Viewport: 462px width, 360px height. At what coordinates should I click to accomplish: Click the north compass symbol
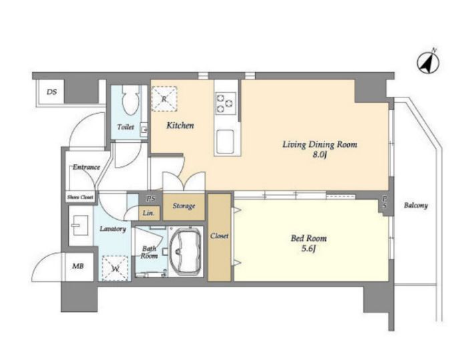[x=428, y=62]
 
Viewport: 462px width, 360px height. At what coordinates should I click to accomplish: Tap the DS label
[x=51, y=92]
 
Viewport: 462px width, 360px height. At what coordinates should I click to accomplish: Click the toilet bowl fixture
[x=130, y=100]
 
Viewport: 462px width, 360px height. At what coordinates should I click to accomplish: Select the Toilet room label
[x=126, y=127]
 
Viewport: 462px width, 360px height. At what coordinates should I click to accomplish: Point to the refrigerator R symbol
[x=164, y=99]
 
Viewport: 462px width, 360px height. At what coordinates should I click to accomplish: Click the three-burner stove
[x=226, y=103]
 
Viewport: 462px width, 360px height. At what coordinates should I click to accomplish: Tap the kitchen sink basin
[x=225, y=140]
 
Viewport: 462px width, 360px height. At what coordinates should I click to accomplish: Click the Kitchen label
[x=180, y=126]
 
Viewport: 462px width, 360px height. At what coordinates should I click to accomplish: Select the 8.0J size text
[x=320, y=154]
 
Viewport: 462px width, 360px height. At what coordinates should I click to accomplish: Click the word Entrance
[x=86, y=167]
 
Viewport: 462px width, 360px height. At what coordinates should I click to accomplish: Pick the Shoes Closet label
[x=80, y=197]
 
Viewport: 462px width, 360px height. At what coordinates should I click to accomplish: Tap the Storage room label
[x=184, y=206]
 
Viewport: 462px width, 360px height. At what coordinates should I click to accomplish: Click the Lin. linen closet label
[x=148, y=213]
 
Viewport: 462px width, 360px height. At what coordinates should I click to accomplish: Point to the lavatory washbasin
[x=79, y=226]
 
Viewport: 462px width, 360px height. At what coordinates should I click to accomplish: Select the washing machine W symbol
[x=115, y=268]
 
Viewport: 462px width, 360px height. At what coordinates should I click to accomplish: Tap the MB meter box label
[x=78, y=266]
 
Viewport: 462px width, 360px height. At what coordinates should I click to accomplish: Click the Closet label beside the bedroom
[x=219, y=236]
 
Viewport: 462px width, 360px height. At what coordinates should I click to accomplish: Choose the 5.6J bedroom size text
[x=308, y=249]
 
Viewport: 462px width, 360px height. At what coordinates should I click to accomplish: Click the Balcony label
[x=416, y=205]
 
